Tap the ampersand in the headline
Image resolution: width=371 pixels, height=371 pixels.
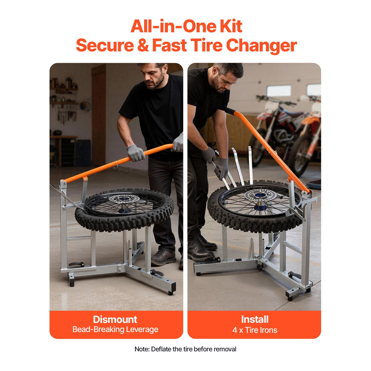coord(143,45)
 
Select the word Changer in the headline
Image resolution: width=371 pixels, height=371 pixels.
coord(262,46)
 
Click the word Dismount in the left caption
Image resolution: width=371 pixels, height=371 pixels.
coord(115,320)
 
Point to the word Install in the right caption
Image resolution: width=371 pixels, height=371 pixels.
coord(255,320)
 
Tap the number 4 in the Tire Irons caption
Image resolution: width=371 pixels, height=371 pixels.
coord(234,330)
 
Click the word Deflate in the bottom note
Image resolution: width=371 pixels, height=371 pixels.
coord(159,349)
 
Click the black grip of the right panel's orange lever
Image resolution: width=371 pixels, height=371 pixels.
coord(230,111)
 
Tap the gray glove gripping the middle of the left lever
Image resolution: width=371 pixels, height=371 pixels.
coord(136,153)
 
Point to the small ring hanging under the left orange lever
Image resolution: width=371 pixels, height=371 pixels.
coord(116,167)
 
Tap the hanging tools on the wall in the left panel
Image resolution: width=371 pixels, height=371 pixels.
coord(67,116)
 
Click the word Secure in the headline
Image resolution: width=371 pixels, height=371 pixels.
coord(105,45)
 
